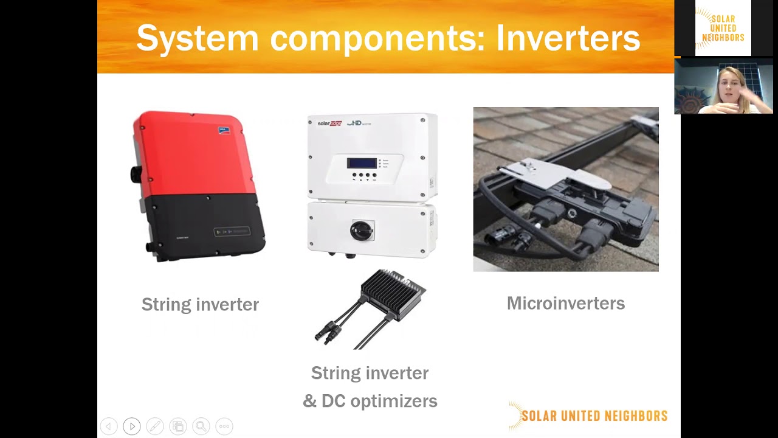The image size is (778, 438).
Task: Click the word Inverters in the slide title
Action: pyautogui.click(x=568, y=38)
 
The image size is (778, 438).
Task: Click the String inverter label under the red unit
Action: pyautogui.click(x=200, y=304)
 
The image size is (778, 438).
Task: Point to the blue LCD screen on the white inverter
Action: pyautogui.click(x=362, y=163)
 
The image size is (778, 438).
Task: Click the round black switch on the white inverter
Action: pyautogui.click(x=362, y=230)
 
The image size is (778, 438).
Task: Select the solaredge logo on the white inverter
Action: pyautogui.click(x=329, y=123)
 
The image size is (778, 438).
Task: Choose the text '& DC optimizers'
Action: pyautogui.click(x=370, y=401)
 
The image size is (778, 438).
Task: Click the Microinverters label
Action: pyautogui.click(x=565, y=303)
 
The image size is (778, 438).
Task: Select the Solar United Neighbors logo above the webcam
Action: pyautogui.click(x=723, y=28)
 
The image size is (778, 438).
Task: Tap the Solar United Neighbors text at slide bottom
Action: pyautogui.click(x=594, y=416)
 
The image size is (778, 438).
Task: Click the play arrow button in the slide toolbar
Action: pyautogui.click(x=132, y=426)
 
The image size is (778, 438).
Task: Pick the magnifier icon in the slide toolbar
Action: pyautogui.click(x=201, y=426)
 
